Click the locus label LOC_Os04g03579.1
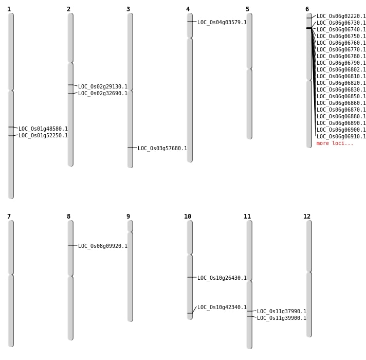coord(222,22)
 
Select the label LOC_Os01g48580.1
coord(43,129)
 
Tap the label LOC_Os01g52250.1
coord(43,135)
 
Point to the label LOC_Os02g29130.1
coord(103,86)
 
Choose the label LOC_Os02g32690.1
coord(103,94)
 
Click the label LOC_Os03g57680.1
coord(162,148)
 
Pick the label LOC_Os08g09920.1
coord(103,246)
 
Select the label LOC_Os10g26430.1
coord(222,278)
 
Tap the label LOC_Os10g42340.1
coord(222,307)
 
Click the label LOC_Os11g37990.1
coord(282,311)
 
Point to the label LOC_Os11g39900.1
coord(282,318)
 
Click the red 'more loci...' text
coord(335,143)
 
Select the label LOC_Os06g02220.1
coord(341,16)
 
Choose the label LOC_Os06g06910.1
coord(341,136)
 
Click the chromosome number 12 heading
coord(307,217)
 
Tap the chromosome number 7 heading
coord(9,217)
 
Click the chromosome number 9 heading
coord(128,217)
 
